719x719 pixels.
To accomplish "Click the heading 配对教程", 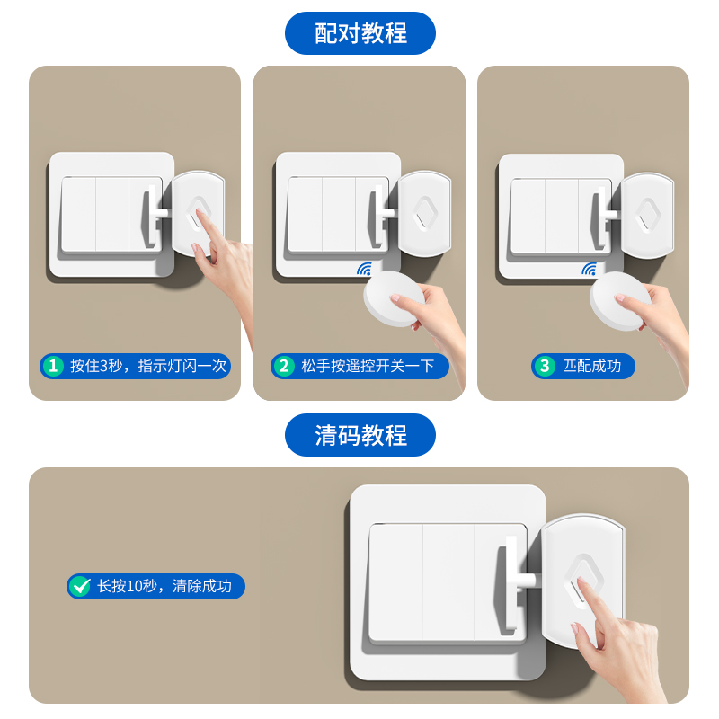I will (360, 33).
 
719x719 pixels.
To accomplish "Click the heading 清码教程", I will (360, 435).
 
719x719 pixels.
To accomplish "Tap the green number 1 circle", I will (53, 366).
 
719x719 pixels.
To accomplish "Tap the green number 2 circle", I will (285, 366).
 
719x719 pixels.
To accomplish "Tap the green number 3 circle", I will (545, 366).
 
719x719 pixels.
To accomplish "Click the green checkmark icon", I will (81, 587).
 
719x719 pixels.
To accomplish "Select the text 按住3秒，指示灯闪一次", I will (149, 366).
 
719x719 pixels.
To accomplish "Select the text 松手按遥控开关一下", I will (368, 366).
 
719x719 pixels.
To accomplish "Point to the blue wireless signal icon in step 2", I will (365, 269).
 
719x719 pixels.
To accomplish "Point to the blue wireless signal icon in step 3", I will (589, 269).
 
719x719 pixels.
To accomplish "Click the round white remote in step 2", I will (394, 300).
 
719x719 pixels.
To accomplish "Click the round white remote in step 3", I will (619, 300).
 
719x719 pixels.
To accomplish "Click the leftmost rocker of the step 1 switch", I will (78, 215).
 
